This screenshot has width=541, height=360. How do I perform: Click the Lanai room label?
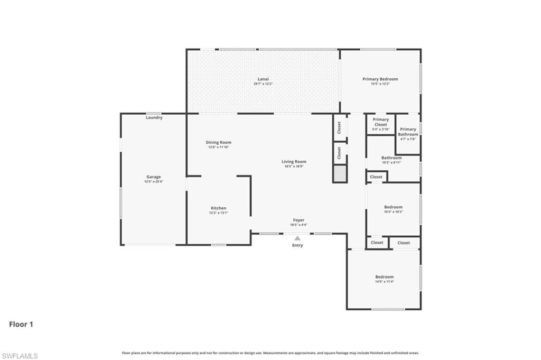coord(263,79)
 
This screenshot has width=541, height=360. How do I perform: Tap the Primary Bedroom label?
coord(380,79)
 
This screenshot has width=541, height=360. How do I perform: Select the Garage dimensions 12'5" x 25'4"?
coord(154,181)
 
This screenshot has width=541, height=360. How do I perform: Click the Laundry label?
coord(154,117)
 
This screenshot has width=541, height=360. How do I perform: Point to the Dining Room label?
coord(218,142)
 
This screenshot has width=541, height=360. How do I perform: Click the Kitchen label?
coord(219,208)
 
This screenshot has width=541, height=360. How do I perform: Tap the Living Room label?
coord(294,162)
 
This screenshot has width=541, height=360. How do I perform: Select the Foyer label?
coord(299,220)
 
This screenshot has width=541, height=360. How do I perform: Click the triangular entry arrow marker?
coord(298,238)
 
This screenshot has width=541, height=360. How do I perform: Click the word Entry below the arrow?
coord(298,245)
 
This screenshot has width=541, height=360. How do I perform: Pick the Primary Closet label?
coord(380,122)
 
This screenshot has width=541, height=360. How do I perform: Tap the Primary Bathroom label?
coord(408,132)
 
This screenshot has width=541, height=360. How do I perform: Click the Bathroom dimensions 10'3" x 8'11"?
coord(391,162)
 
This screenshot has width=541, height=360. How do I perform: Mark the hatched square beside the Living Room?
coord(340,173)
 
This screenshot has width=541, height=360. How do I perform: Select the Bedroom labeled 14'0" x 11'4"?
coord(384,277)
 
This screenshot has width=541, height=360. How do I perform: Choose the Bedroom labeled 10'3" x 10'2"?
coord(393,207)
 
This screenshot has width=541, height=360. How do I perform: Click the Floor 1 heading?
coord(21,325)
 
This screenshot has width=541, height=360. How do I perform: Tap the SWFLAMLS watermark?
coord(20,356)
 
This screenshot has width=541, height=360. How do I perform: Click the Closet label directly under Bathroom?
coord(376,177)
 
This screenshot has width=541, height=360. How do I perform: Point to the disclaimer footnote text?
coord(270,353)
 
